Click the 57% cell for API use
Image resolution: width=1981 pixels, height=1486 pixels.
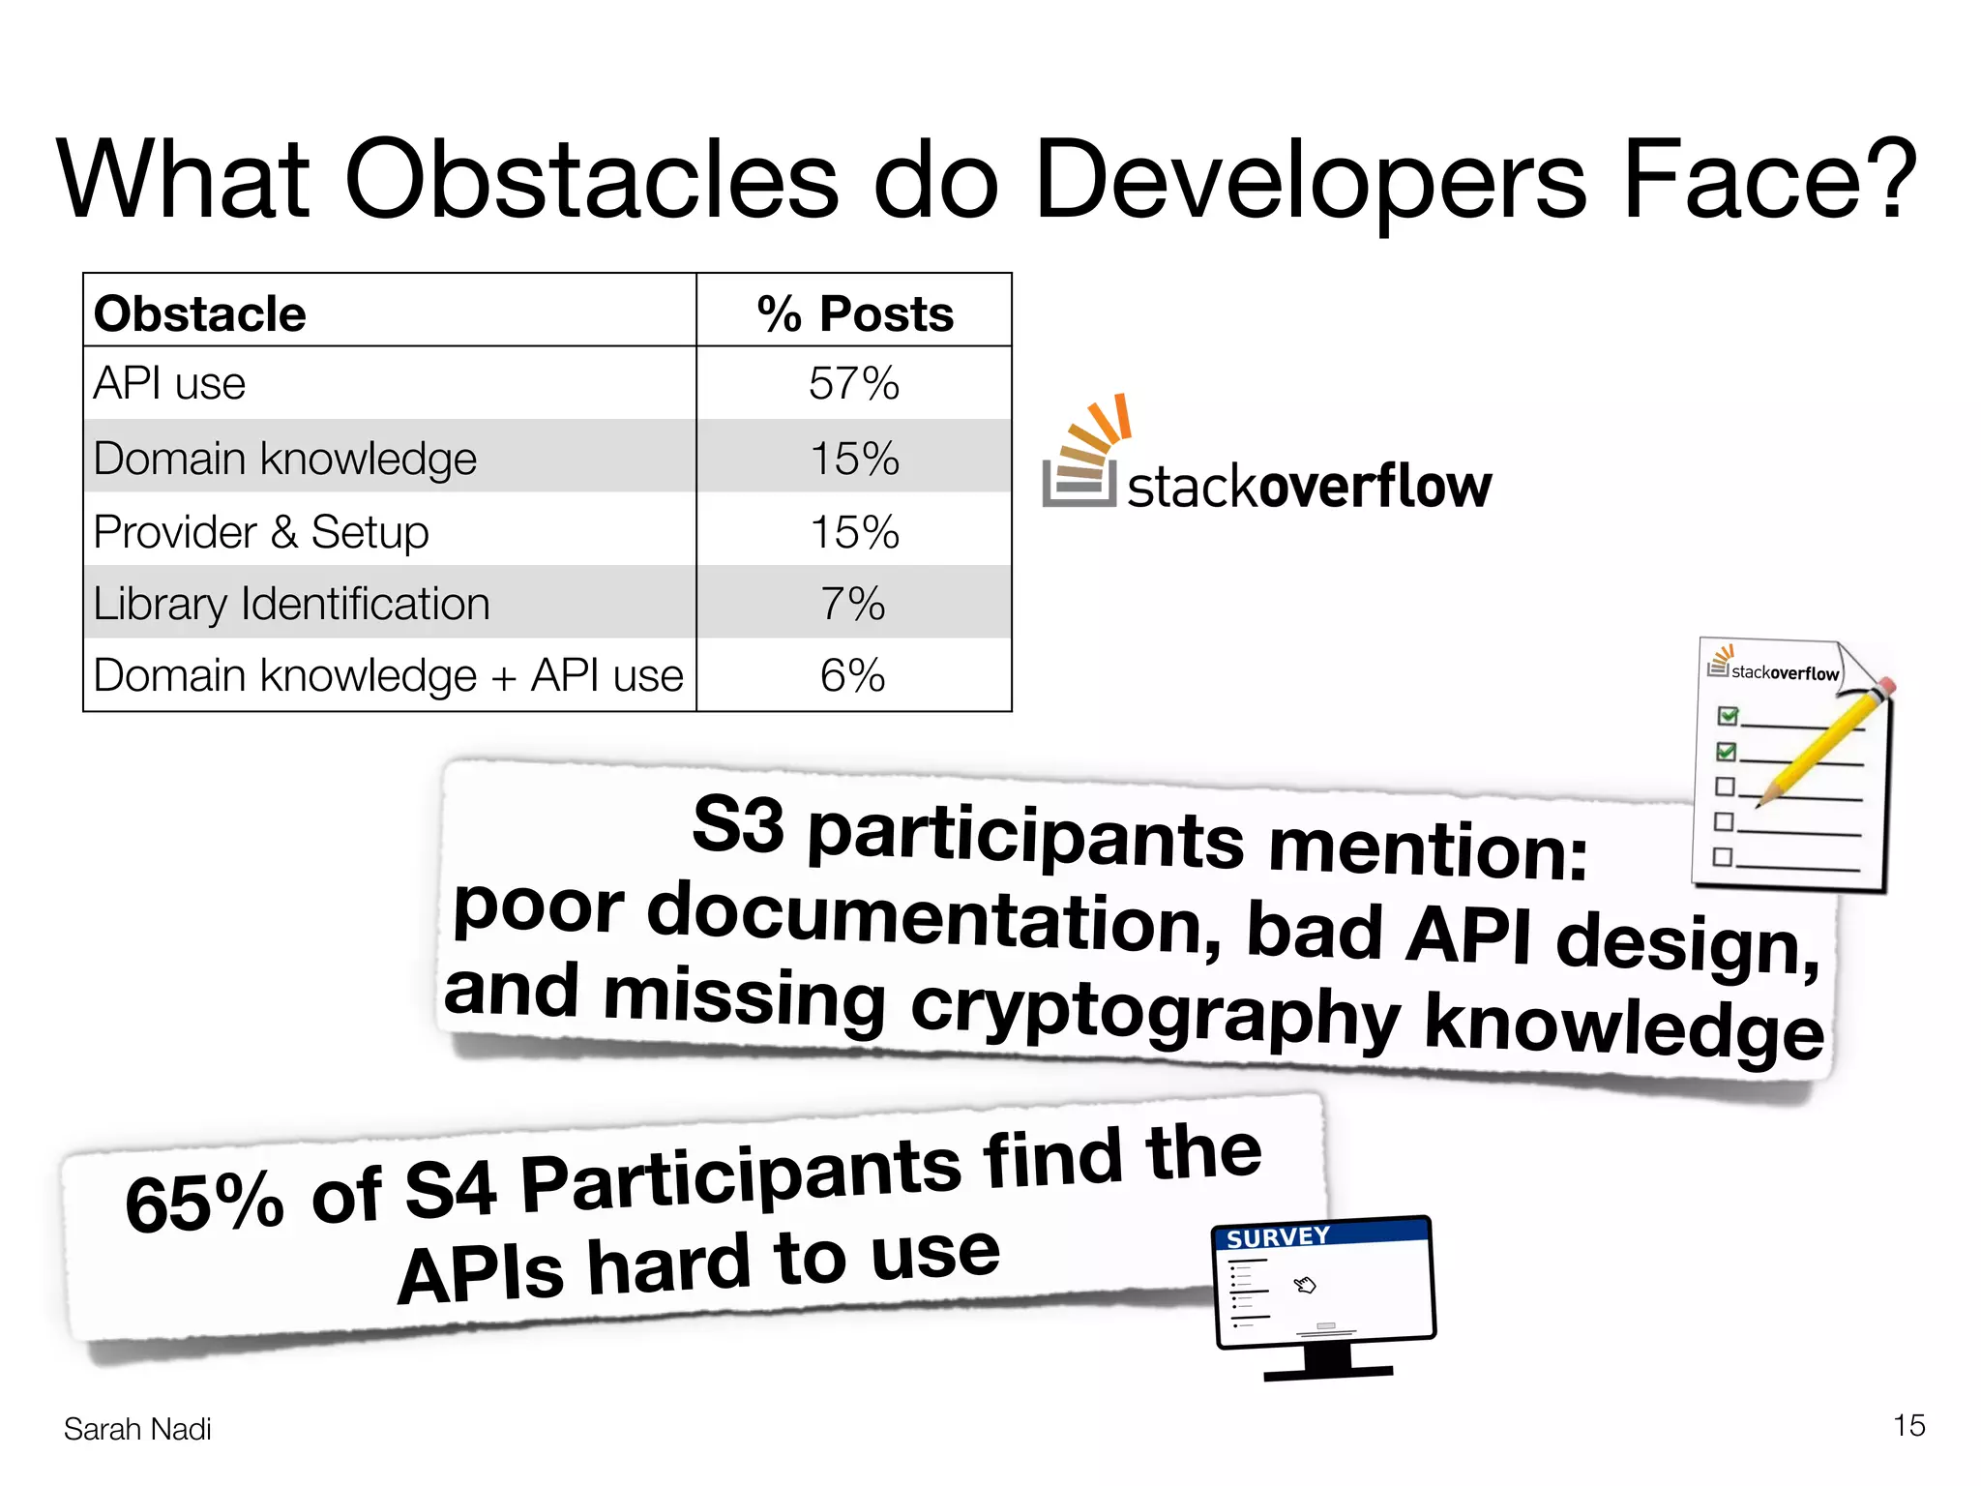(x=854, y=384)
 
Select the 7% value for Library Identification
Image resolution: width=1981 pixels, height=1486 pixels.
(x=853, y=604)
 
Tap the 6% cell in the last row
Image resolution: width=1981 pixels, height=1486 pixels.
(x=853, y=675)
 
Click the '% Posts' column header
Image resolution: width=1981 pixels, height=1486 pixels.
(x=855, y=313)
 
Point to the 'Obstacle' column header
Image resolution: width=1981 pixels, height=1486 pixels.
(x=200, y=313)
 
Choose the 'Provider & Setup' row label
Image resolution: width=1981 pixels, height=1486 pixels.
(x=261, y=532)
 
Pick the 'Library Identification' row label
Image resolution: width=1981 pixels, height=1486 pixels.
(x=291, y=604)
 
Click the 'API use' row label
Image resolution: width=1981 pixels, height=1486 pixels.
(x=169, y=384)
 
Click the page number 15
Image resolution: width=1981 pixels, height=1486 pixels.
(x=1908, y=1425)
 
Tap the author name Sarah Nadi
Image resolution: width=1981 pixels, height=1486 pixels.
(x=137, y=1429)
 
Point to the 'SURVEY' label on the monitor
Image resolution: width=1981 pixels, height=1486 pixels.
(x=1278, y=1237)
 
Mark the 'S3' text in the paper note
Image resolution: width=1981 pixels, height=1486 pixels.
(x=738, y=824)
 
